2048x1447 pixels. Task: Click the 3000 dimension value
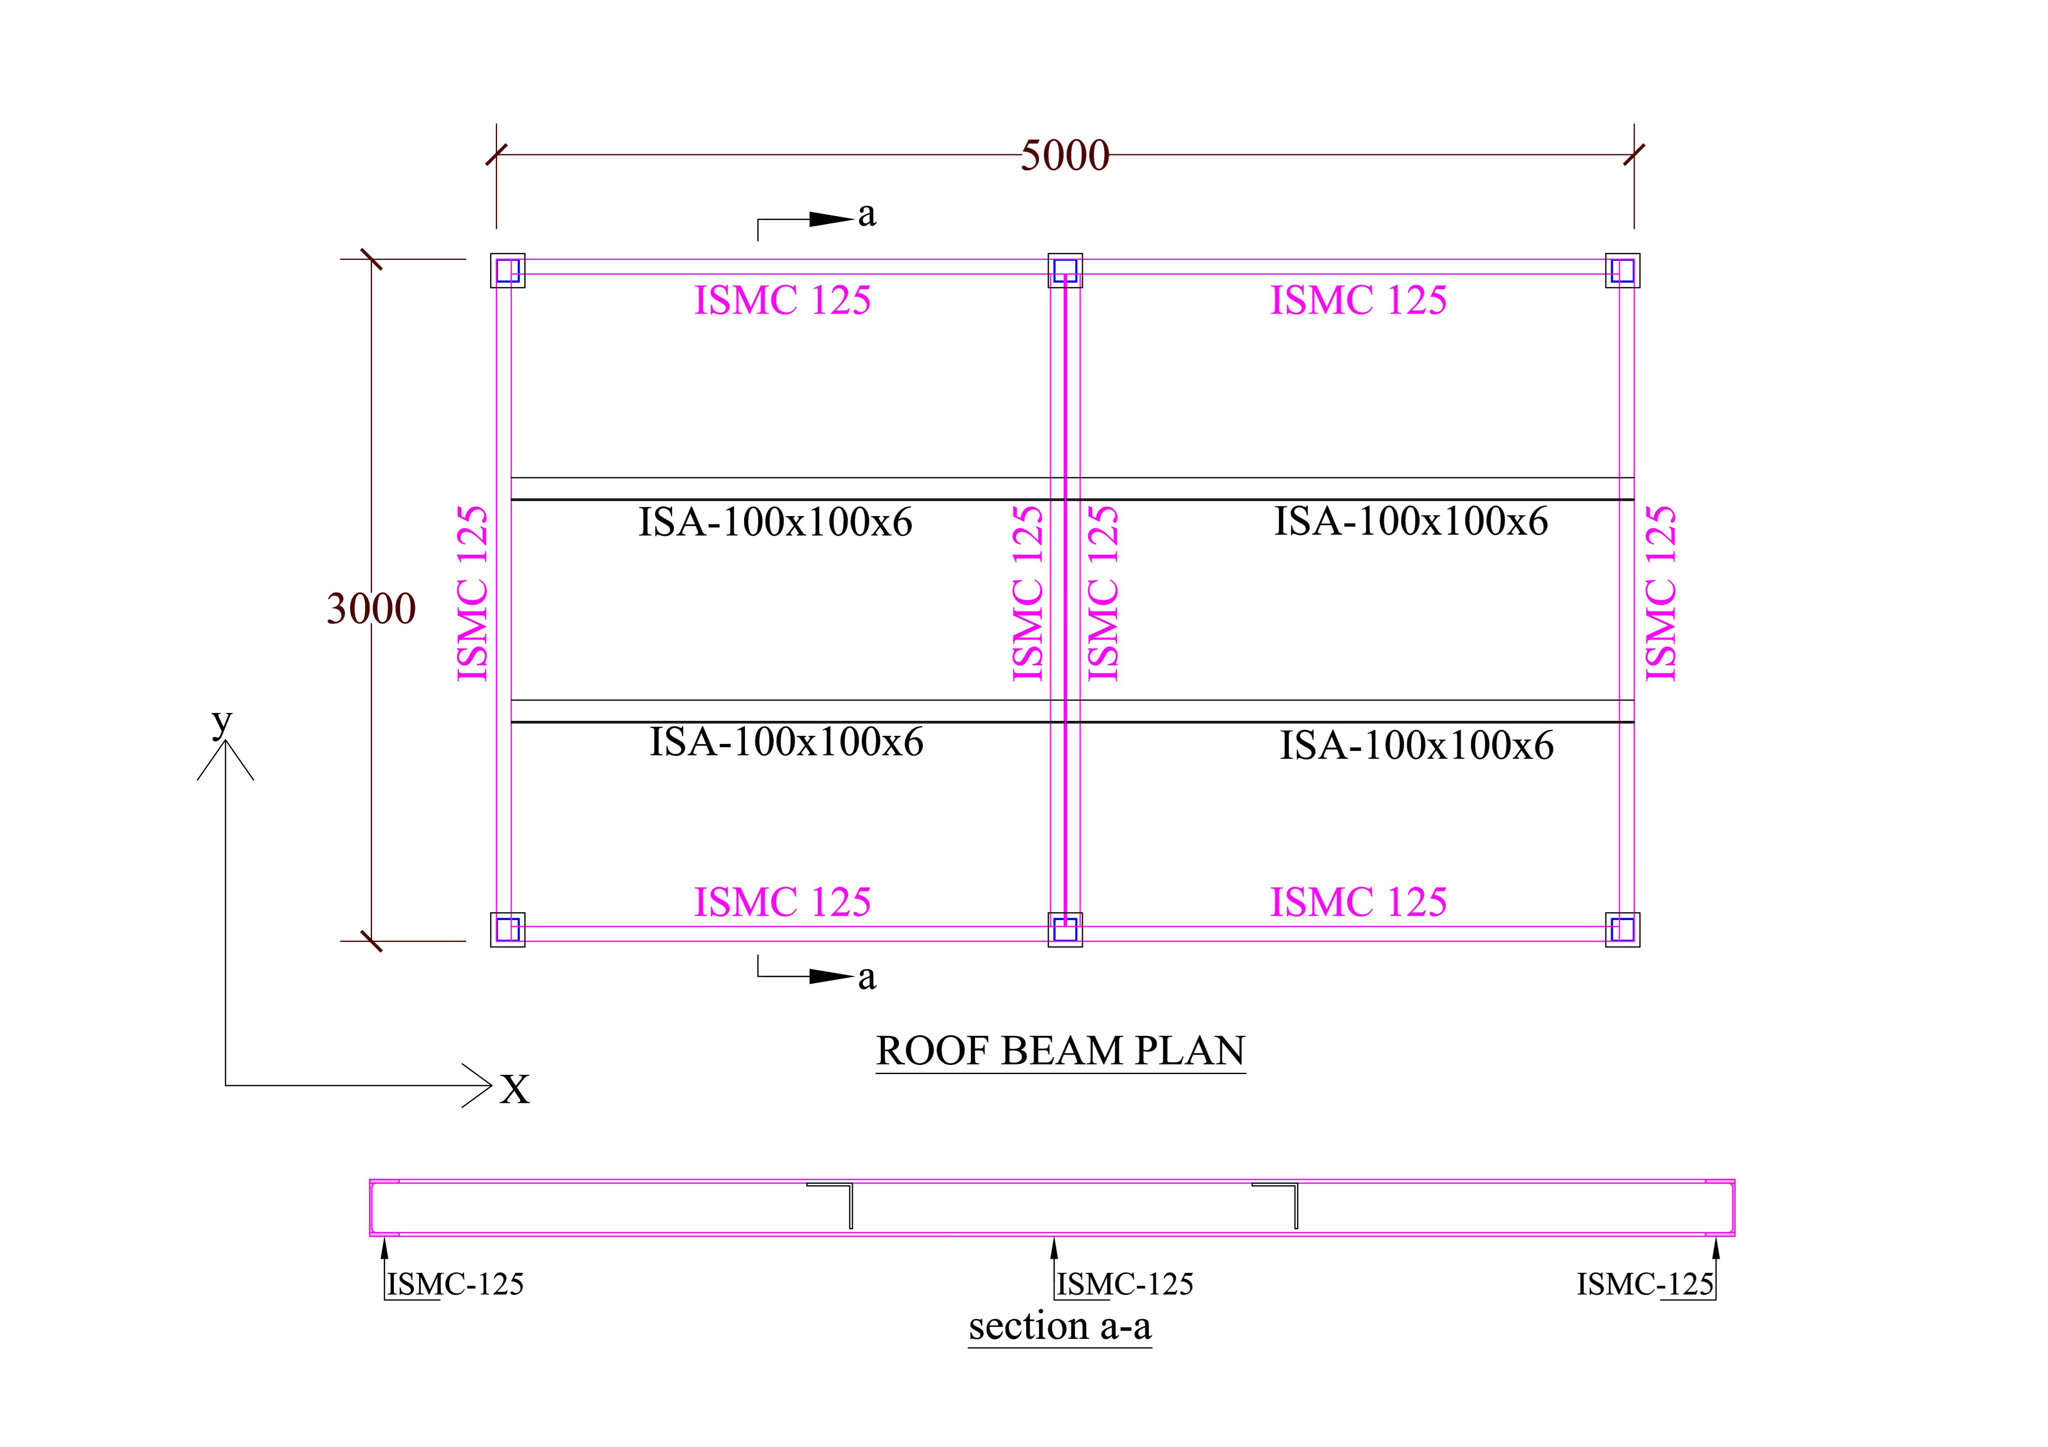click(x=371, y=609)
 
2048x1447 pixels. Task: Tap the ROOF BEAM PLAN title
click(x=1061, y=1051)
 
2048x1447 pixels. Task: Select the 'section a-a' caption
click(x=1060, y=1326)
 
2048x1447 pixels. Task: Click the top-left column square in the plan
click(x=507, y=270)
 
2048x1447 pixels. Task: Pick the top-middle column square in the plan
click(x=1065, y=270)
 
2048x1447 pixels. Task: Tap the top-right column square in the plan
click(x=1623, y=270)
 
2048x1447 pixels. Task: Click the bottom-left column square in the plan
click(x=507, y=929)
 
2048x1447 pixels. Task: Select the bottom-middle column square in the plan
click(x=1065, y=929)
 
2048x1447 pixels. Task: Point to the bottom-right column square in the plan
click(x=1623, y=929)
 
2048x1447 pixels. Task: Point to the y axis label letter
click(x=221, y=722)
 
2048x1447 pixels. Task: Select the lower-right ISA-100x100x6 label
click(x=1417, y=745)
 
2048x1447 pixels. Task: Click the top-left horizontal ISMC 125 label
click(x=782, y=300)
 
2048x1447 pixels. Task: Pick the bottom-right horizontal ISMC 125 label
click(x=1358, y=902)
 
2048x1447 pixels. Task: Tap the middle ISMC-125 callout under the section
click(x=1124, y=1284)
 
